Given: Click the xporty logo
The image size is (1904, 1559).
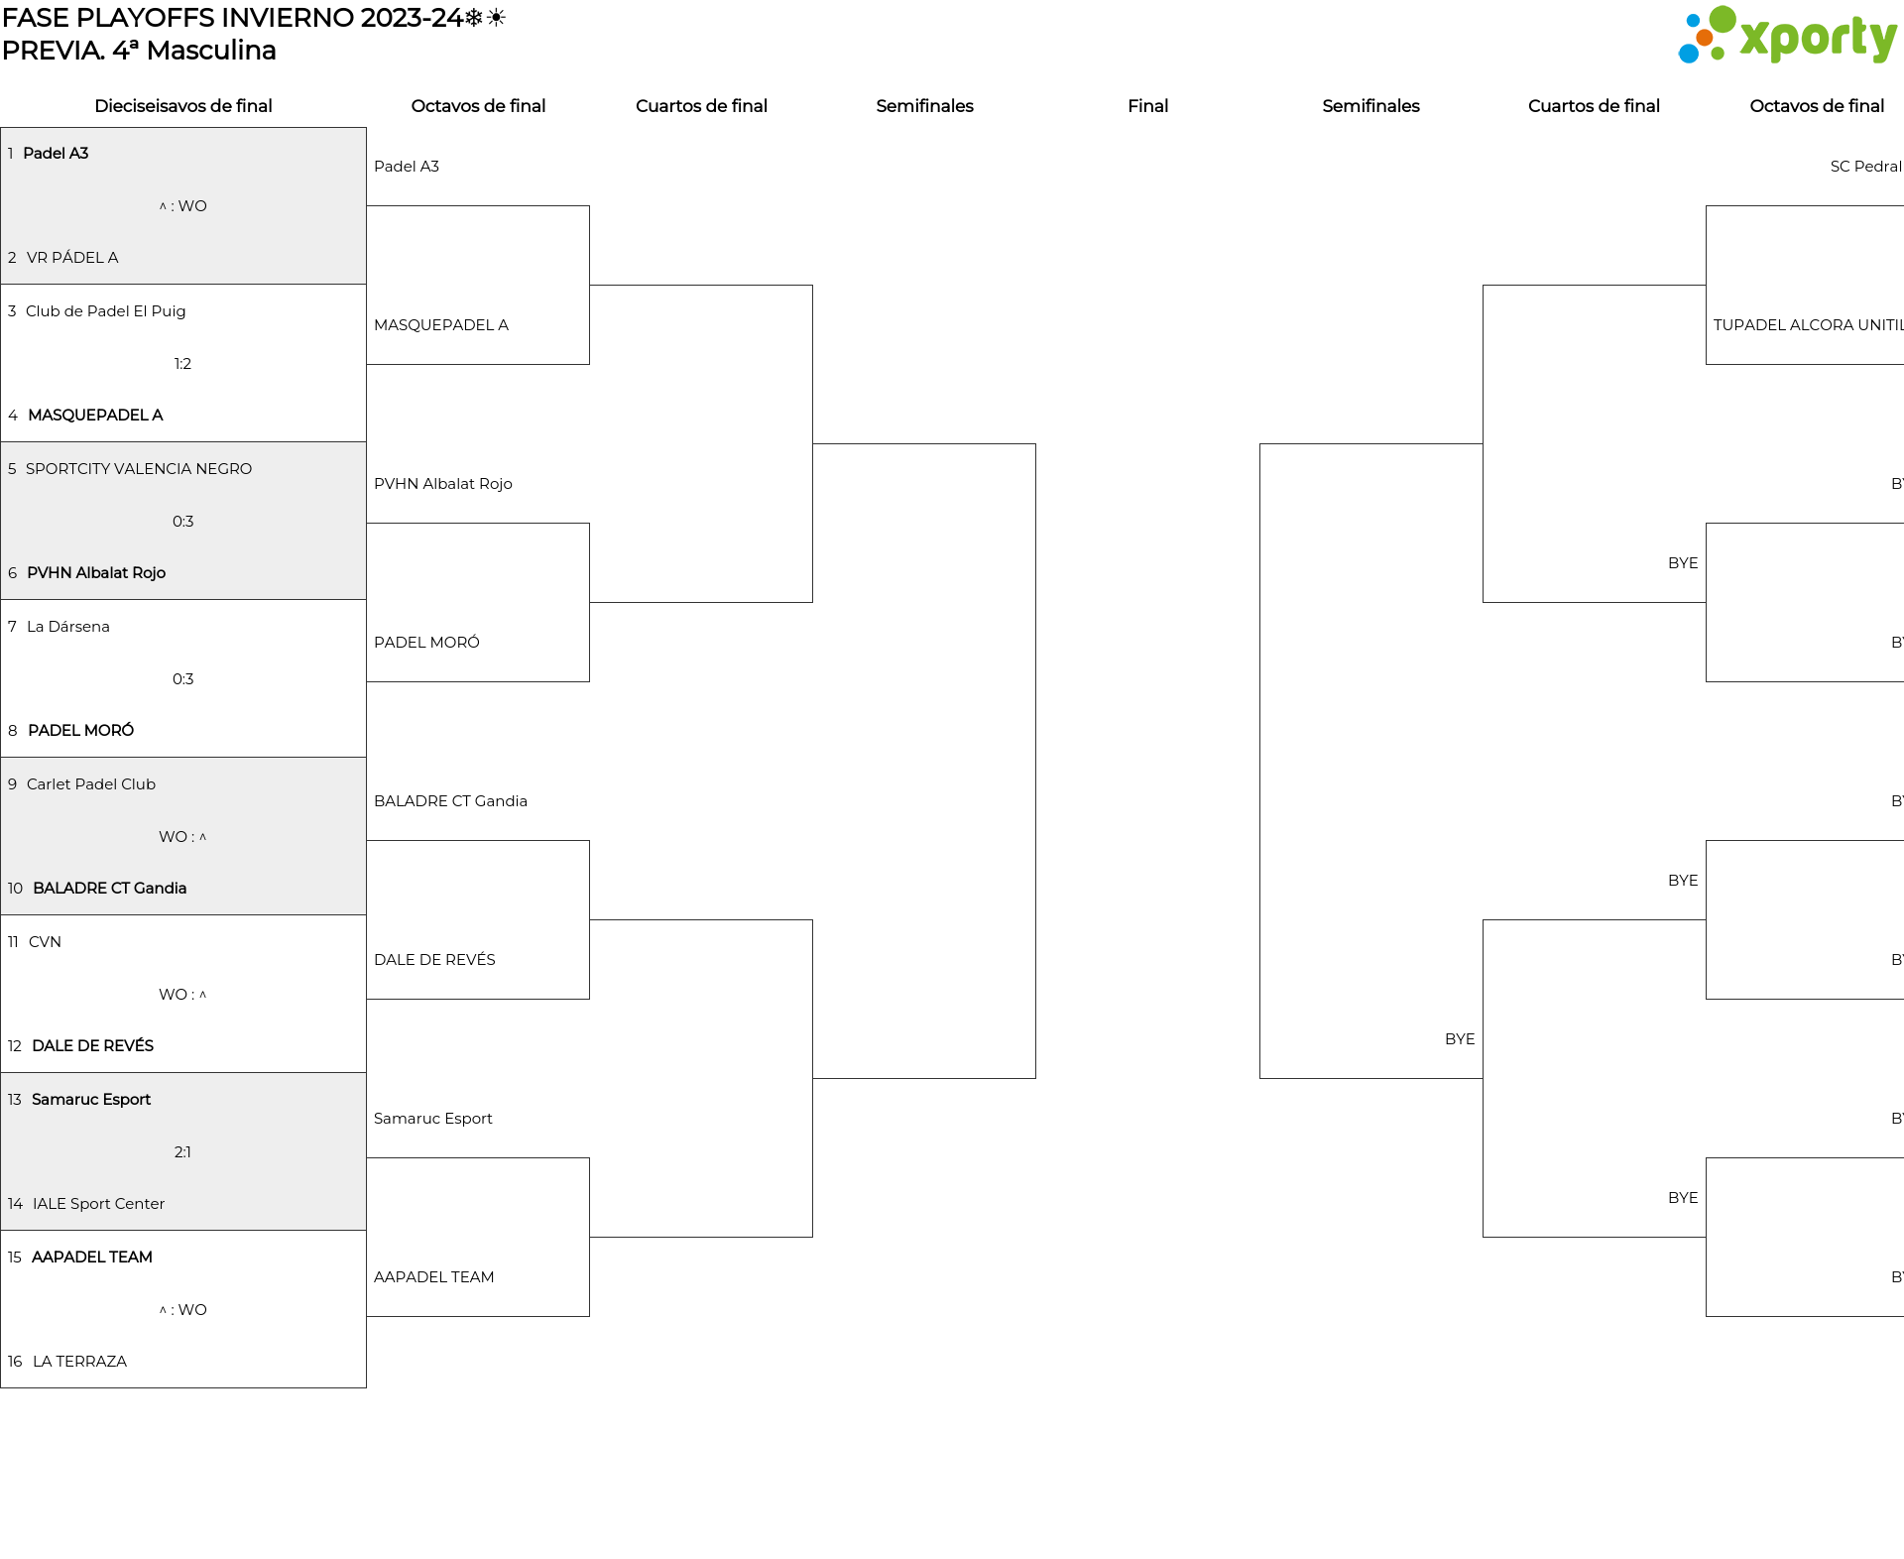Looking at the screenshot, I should click(1787, 36).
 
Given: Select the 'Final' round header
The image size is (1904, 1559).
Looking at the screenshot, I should click(1147, 106).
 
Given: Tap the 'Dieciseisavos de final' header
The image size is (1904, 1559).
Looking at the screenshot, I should click(182, 106).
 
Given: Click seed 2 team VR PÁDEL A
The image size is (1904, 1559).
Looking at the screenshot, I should click(72, 258).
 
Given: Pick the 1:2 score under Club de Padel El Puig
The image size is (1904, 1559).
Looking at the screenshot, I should click(182, 364).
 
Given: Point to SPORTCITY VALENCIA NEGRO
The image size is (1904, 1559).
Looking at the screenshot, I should click(139, 469).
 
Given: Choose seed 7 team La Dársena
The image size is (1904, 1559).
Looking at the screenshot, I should click(68, 627).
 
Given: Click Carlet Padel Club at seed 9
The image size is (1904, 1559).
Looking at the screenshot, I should click(91, 784).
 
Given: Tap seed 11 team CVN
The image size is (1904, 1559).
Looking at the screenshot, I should click(45, 942).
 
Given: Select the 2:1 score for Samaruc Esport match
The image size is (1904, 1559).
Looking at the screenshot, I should click(182, 1152).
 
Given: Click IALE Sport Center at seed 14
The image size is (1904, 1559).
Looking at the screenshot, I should click(98, 1204).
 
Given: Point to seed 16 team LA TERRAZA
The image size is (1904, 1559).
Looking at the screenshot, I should click(79, 1362).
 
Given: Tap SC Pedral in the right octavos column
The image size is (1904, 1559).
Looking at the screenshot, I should click(1865, 167).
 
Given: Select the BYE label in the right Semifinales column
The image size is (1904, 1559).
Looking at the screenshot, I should click(1459, 1039).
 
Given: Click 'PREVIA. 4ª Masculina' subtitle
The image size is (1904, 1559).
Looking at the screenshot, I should click(139, 51).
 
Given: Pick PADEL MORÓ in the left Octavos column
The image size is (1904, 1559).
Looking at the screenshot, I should click(426, 643).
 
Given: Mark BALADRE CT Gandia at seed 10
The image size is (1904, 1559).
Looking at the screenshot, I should click(109, 889).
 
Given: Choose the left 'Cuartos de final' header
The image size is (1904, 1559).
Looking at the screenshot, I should click(701, 106).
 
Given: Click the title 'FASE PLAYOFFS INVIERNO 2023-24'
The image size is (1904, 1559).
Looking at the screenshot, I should click(232, 18).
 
